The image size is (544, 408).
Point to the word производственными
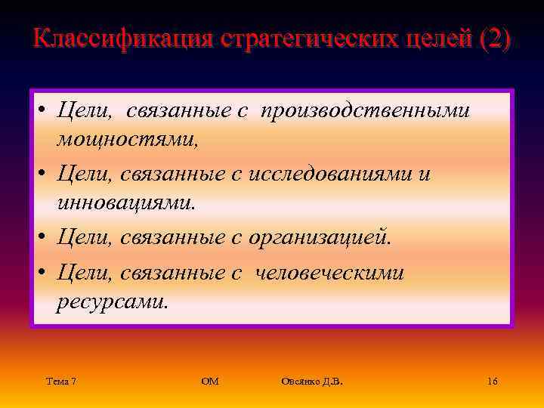coord(366,111)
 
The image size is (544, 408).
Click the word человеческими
coord(330,273)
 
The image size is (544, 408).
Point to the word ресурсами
coord(112,301)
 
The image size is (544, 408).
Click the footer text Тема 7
coord(60,382)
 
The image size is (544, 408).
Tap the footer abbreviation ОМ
coord(210,382)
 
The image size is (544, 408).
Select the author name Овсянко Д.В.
coord(311,382)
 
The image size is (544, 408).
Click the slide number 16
coord(493,382)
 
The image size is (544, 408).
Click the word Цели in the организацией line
coord(85,238)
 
